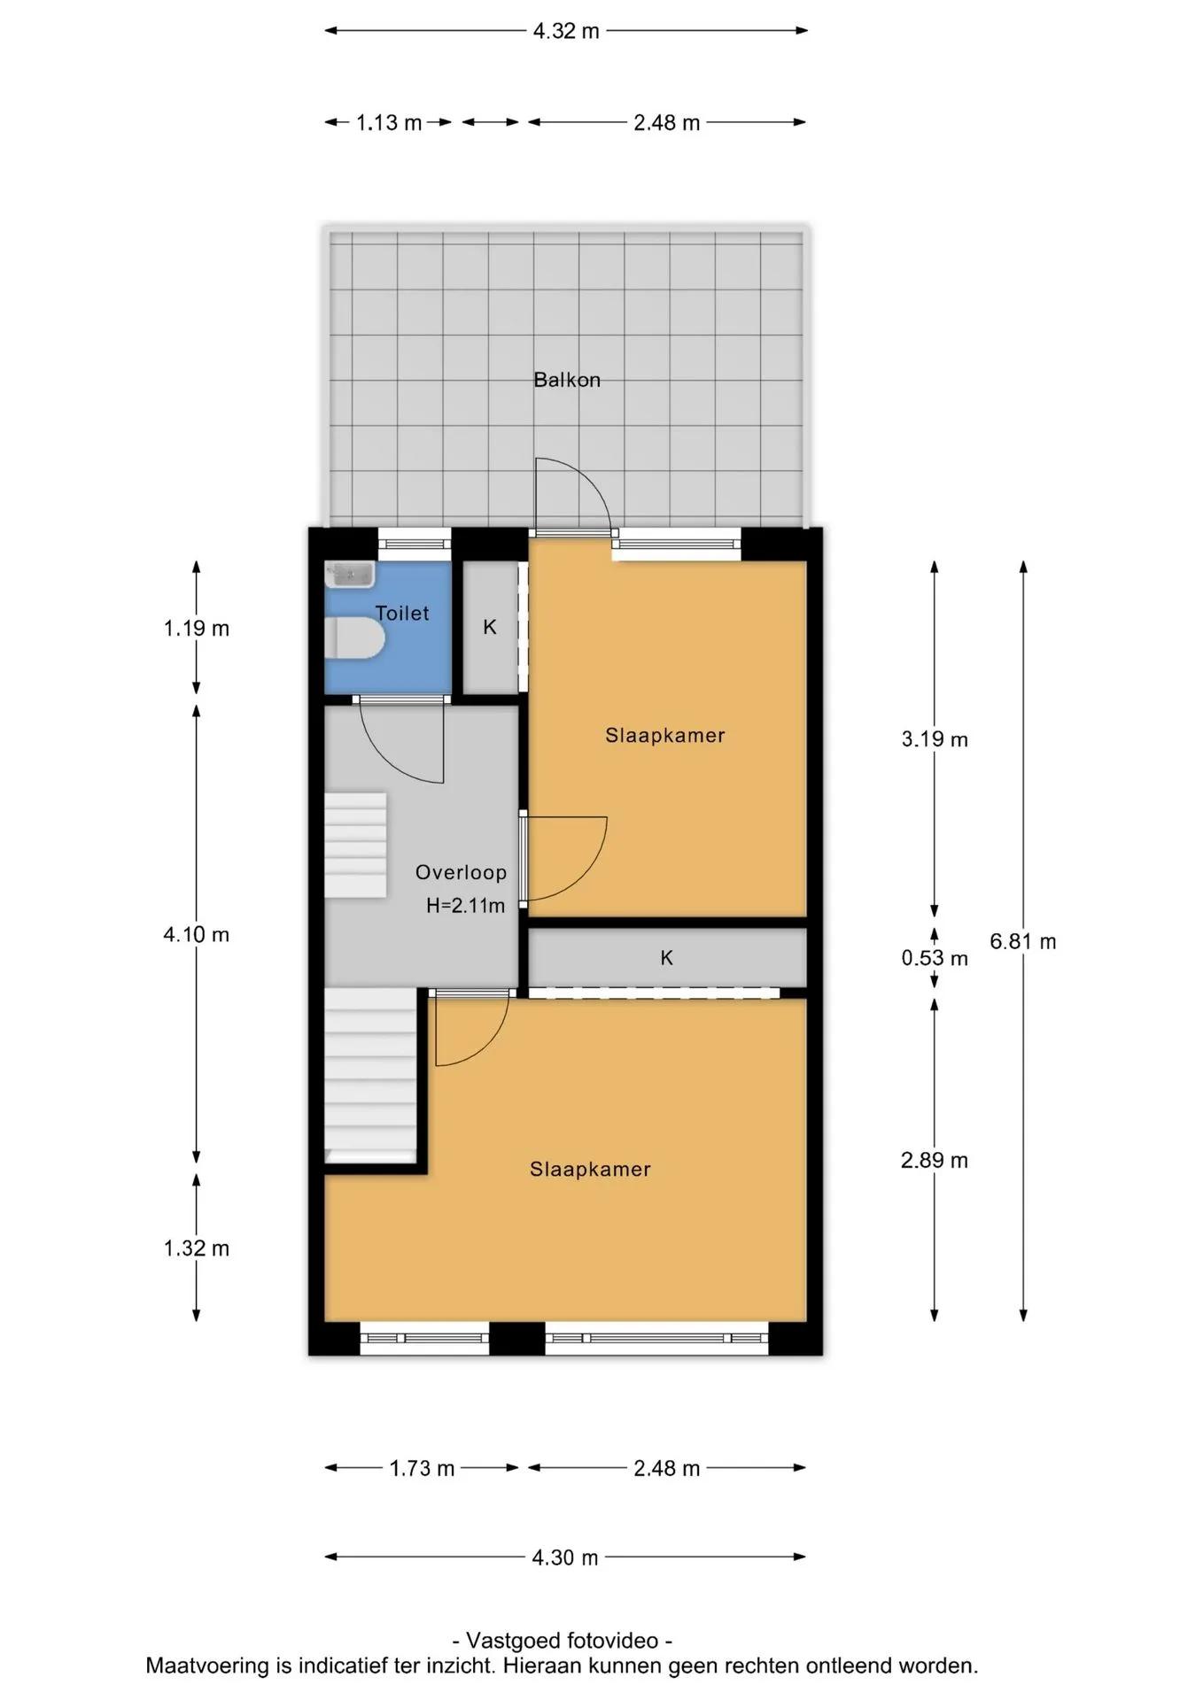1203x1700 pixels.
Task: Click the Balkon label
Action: click(x=567, y=380)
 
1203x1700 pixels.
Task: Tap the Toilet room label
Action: click(x=402, y=613)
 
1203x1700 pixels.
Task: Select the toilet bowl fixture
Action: click(x=354, y=638)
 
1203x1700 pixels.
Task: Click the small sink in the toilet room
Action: click(x=349, y=575)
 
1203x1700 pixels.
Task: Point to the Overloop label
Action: click(x=461, y=872)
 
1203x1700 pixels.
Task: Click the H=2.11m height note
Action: click(x=465, y=906)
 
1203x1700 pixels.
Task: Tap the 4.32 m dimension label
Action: click(x=566, y=31)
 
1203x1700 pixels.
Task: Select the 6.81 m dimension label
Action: click(x=1023, y=942)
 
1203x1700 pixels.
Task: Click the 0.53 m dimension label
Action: click(x=935, y=958)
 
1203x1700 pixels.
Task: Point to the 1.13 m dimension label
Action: click(x=389, y=123)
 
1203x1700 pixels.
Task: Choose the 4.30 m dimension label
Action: click(x=565, y=1557)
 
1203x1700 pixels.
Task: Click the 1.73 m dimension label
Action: click(x=422, y=1469)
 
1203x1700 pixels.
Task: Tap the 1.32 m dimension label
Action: click(x=197, y=1248)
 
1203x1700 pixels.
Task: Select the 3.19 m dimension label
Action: click(x=935, y=739)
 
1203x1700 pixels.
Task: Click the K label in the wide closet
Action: click(x=667, y=957)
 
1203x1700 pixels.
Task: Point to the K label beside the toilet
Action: click(x=490, y=627)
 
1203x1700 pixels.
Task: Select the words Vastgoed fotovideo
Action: click(x=562, y=1641)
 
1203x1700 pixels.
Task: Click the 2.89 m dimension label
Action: click(x=935, y=1161)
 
